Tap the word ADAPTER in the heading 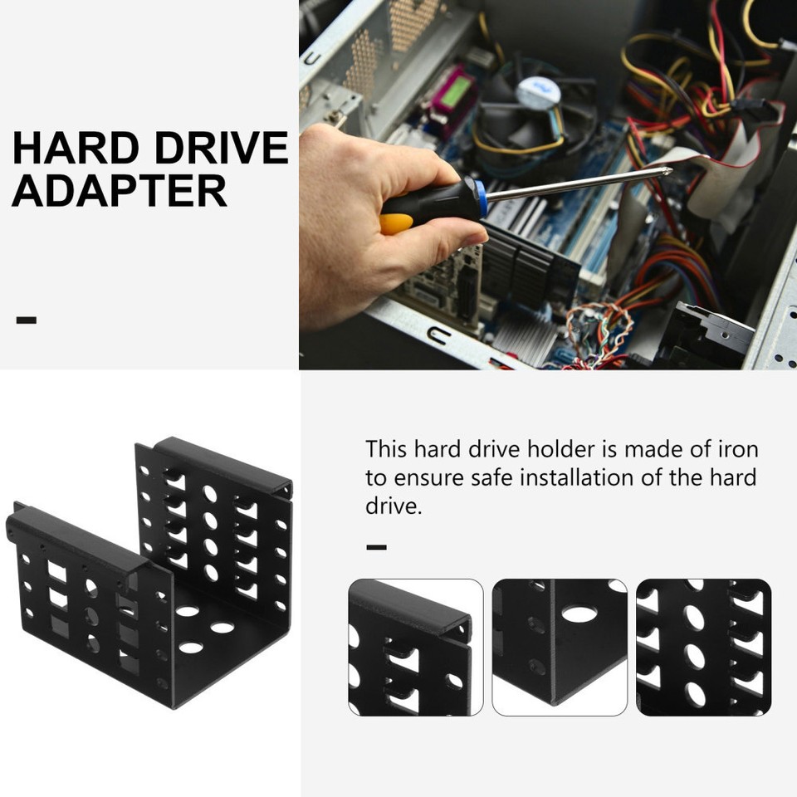pyautogui.click(x=120, y=191)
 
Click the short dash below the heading pyautogui.click(x=27, y=320)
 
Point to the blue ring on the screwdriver pyautogui.click(x=481, y=198)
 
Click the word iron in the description pyautogui.click(x=736, y=450)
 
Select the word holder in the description pyautogui.click(x=557, y=450)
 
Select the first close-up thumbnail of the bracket pyautogui.click(x=416, y=648)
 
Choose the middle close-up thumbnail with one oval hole pyautogui.click(x=560, y=648)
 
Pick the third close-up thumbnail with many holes pyautogui.click(x=703, y=648)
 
